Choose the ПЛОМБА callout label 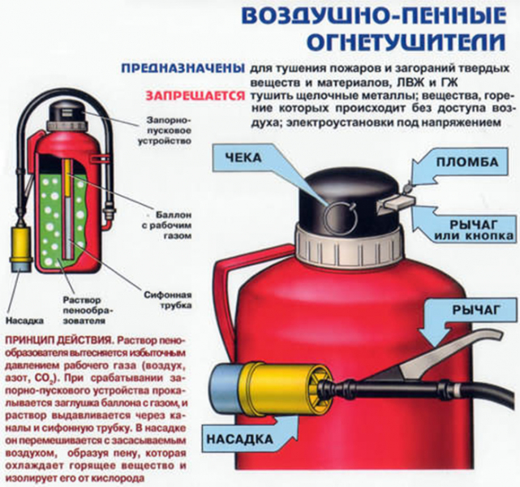468,163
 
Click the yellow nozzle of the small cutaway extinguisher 20,246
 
